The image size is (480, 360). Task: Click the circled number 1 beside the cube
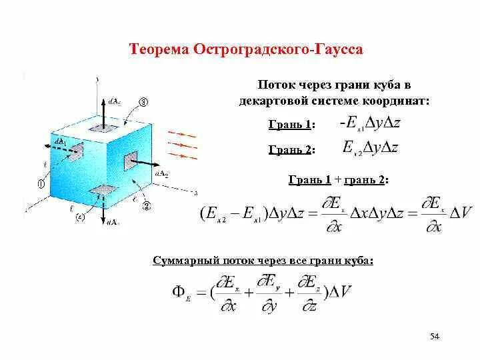click(41, 184)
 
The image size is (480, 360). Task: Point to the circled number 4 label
click(80, 217)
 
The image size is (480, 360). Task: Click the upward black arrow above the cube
click(102, 111)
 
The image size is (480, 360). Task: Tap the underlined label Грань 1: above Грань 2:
click(291, 125)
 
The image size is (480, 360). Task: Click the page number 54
click(435, 337)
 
